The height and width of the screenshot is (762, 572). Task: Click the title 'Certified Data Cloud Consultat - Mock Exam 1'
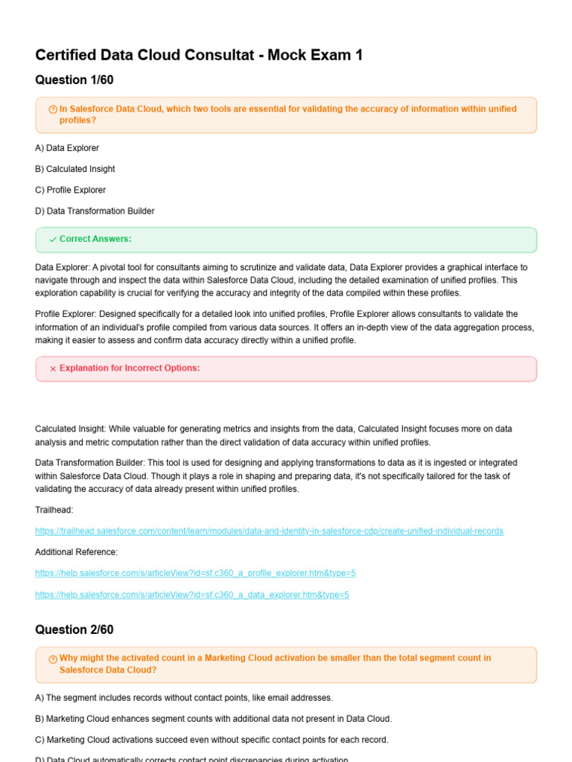click(x=199, y=55)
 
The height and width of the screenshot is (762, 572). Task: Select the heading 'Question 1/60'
click(x=74, y=80)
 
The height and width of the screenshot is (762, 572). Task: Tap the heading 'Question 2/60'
click(x=74, y=630)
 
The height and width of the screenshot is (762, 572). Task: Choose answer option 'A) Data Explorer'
click(x=67, y=148)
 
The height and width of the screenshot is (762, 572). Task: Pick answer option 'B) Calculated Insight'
click(x=75, y=169)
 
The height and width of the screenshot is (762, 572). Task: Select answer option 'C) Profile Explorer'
click(x=71, y=190)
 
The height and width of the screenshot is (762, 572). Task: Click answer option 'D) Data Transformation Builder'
click(x=95, y=211)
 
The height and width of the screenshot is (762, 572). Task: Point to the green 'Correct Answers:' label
click(x=95, y=239)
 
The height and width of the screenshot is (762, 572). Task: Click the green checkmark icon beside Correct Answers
click(x=53, y=240)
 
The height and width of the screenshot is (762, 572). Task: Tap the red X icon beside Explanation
click(x=53, y=368)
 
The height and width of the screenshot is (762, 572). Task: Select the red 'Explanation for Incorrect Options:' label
click(x=130, y=368)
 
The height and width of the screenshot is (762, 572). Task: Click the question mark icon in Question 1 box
click(x=53, y=109)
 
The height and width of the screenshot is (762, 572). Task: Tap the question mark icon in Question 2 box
click(x=53, y=659)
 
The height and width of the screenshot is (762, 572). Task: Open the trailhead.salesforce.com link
click(x=269, y=531)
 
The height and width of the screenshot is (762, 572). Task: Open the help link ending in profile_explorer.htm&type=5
click(x=195, y=573)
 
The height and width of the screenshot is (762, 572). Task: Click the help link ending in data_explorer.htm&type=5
click(x=192, y=595)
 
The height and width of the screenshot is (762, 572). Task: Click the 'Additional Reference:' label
click(x=76, y=552)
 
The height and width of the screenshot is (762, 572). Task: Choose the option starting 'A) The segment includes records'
click(x=184, y=697)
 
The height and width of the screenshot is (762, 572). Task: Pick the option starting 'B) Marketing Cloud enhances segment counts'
click(x=213, y=719)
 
